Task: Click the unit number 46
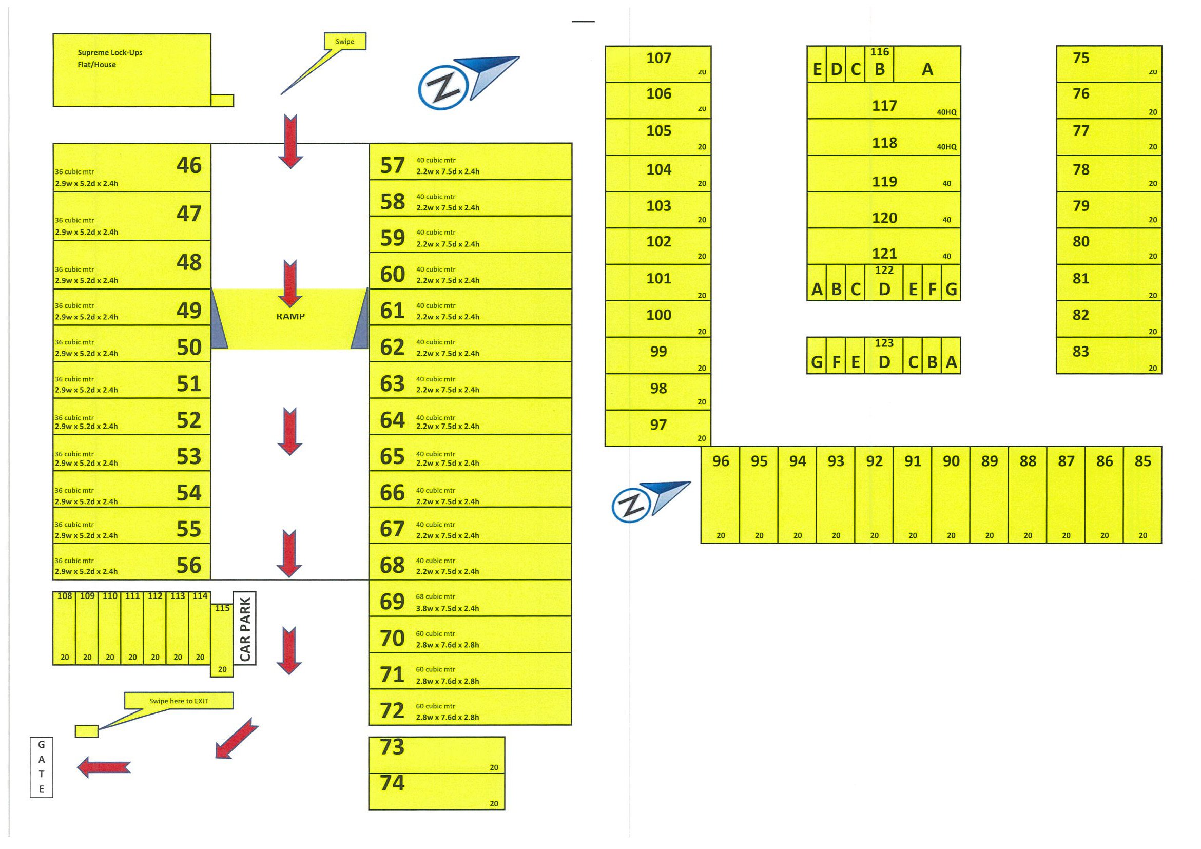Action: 189,165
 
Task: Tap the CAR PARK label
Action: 245,629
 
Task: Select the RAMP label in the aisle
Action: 290,317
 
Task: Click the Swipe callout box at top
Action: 345,42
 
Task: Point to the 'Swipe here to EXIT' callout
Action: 179,701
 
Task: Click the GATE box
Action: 42,767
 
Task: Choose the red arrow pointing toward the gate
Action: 104,767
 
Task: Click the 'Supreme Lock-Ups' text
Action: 110,52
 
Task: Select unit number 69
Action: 392,602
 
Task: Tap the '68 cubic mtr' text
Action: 435,596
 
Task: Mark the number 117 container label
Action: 884,106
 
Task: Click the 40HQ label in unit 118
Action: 946,147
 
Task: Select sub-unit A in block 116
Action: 927,69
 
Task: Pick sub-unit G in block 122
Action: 951,290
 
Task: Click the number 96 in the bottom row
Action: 720,461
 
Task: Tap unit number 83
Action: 1081,352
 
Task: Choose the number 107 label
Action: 658,58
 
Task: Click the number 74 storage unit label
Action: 392,783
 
